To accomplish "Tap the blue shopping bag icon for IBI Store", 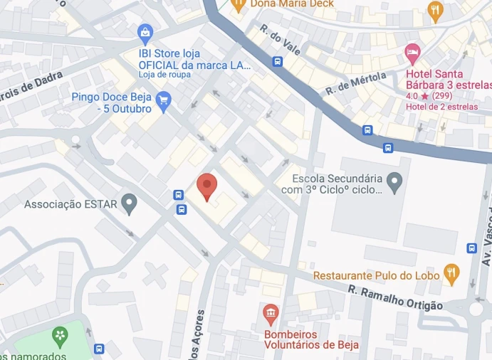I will point(145,32).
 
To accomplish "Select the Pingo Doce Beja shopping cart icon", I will point(164,100).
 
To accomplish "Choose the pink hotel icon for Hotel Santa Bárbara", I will point(412,53).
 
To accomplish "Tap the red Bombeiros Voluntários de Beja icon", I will point(270,312).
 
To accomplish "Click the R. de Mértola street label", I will point(355,83).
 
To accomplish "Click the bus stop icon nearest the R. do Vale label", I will point(277,61).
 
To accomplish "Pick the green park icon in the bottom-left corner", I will point(61,335).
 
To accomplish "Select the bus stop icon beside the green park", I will point(98,349).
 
